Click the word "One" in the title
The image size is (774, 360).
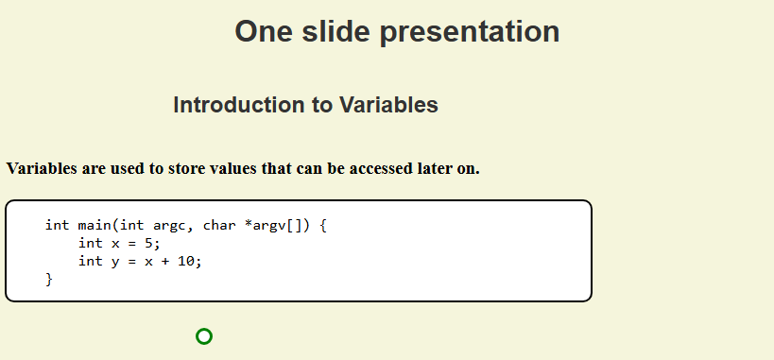264,31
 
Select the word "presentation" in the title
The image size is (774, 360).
470,33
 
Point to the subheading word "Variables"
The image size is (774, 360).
388,105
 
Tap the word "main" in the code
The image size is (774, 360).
95,225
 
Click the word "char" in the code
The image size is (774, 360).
219,225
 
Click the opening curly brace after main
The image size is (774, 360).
322,226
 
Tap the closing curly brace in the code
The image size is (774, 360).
48,280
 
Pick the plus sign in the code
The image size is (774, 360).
165,261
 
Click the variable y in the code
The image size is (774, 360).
115,263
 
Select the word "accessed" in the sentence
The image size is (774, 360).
378,169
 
